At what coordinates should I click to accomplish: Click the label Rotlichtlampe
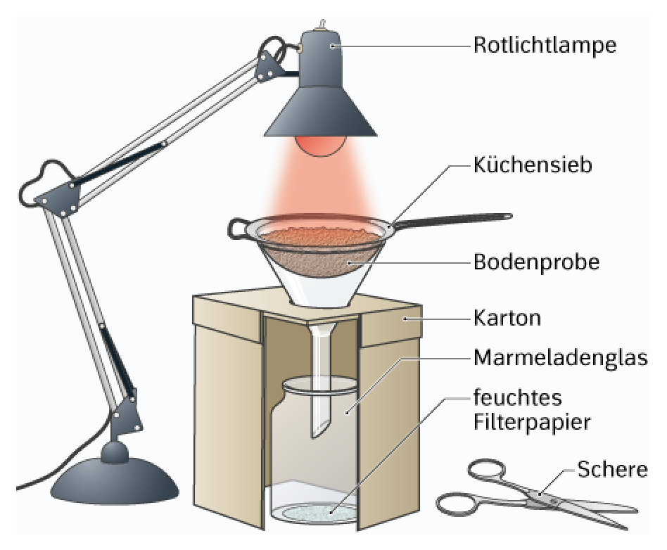click(545, 46)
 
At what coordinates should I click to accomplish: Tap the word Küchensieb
click(533, 165)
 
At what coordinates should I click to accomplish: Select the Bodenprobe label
click(536, 262)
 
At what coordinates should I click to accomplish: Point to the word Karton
click(507, 318)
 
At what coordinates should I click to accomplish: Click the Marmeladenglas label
click(561, 358)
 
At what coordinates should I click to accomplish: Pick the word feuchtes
click(518, 397)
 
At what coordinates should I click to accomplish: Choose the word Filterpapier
click(532, 423)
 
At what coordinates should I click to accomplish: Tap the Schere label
click(612, 470)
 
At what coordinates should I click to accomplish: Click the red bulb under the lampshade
click(321, 146)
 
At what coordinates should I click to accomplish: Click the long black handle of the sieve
click(453, 221)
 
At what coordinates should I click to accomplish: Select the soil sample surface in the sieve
click(321, 235)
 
